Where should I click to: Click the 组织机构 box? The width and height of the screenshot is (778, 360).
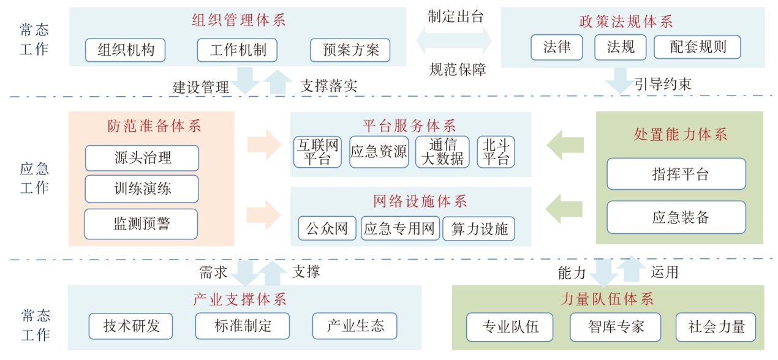(x=126, y=50)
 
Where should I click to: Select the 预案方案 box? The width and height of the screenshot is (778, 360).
(x=350, y=50)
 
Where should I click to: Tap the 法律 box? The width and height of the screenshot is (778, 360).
(x=556, y=47)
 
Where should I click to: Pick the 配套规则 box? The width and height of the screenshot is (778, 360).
(x=697, y=47)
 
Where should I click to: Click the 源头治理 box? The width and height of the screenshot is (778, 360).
(x=142, y=158)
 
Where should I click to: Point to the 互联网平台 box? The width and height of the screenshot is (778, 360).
(x=317, y=152)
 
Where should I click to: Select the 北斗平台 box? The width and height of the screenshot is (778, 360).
(x=496, y=152)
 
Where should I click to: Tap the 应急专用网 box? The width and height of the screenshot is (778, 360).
(x=400, y=229)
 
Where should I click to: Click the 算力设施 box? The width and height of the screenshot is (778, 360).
(x=479, y=229)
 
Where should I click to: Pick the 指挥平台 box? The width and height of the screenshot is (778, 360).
(x=676, y=174)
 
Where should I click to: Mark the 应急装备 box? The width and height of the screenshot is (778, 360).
(x=676, y=217)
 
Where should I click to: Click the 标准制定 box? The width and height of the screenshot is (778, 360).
(x=243, y=326)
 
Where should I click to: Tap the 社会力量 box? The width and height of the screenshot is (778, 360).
(x=716, y=327)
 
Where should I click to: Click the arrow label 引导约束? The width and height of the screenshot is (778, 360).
(x=662, y=84)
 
